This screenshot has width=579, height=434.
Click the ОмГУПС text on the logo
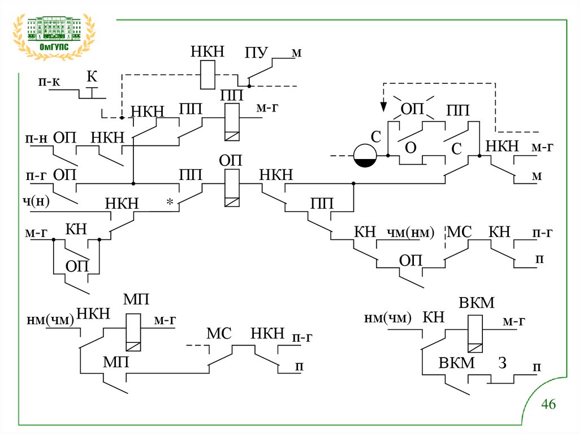tap(54, 47)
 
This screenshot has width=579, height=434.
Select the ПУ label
tap(256, 54)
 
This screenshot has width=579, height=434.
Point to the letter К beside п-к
tap(92, 76)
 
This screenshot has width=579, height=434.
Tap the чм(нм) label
tap(410, 232)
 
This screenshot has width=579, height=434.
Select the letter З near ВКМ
tap(502, 363)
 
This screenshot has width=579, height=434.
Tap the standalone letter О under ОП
tap(411, 147)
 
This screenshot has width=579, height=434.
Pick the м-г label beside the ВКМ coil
tap(514, 321)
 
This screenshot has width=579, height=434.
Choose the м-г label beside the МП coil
tap(165, 320)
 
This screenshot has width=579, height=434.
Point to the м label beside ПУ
tap(297, 53)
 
